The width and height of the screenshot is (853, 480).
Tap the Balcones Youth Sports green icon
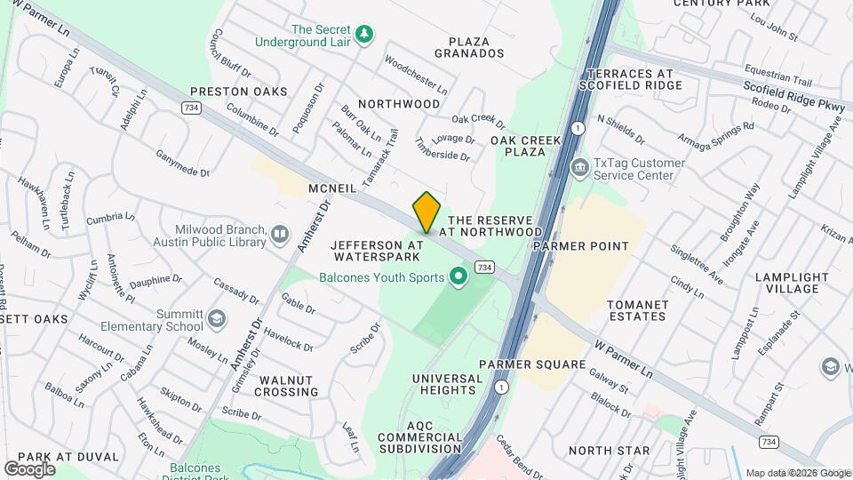point(458,278)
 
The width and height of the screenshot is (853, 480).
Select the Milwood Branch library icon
point(280,234)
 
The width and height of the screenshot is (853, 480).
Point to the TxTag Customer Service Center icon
point(579,166)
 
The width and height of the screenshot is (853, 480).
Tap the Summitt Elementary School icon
point(217,318)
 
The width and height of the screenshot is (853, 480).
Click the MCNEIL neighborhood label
point(332,188)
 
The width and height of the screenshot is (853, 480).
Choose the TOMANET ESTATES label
point(637,310)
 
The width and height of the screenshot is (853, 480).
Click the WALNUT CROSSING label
point(288,386)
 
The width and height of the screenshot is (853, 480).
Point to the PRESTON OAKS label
point(238,92)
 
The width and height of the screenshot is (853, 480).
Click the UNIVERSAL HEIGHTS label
point(448,385)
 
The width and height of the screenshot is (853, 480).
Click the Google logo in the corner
point(29,468)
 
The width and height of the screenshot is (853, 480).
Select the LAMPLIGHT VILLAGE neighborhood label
point(786,283)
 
